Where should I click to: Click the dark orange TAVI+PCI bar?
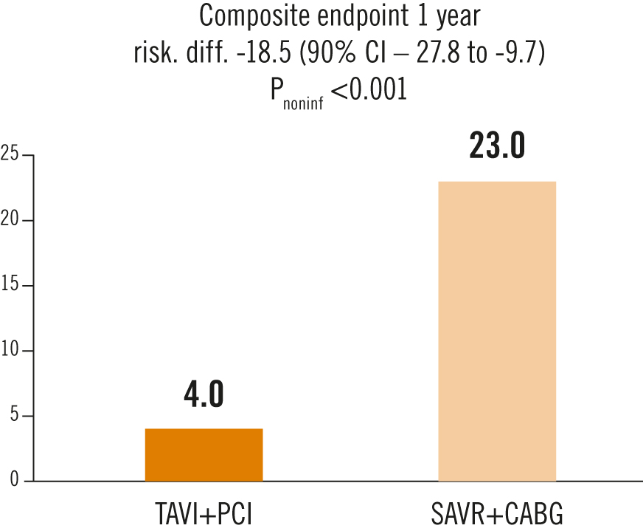point(204,454)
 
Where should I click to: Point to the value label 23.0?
point(497,146)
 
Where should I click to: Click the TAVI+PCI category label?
point(204,513)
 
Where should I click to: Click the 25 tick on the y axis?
point(10,155)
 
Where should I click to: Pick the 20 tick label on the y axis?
point(10,220)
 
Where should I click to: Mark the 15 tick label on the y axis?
point(10,285)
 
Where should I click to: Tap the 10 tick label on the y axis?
point(10,350)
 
